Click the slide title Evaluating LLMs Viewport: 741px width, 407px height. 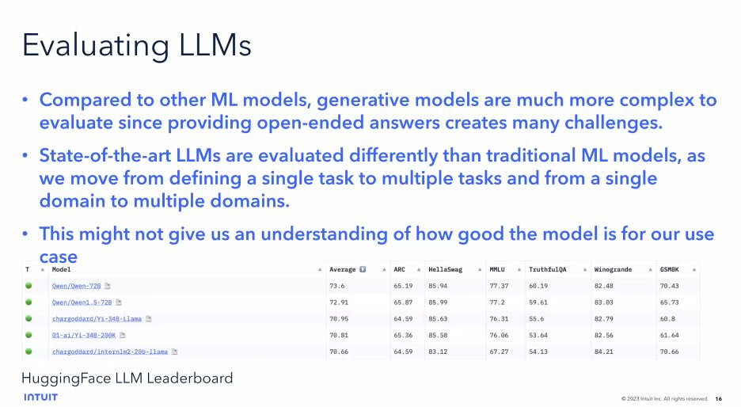(x=137, y=45)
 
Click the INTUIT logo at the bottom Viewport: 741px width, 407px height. (x=40, y=397)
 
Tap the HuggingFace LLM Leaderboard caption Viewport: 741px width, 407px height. (x=127, y=378)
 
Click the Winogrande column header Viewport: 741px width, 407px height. (x=613, y=269)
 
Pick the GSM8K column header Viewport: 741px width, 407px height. (x=669, y=269)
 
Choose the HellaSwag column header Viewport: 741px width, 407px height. (x=445, y=269)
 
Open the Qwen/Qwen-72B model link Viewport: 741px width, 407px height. (x=76, y=286)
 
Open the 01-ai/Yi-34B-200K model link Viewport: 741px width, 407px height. (x=84, y=335)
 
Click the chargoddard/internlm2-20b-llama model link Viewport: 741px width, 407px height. (x=109, y=352)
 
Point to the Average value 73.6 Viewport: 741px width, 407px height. (x=337, y=286)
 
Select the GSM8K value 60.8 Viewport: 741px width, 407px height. (x=667, y=318)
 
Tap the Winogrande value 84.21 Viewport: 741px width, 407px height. (x=603, y=352)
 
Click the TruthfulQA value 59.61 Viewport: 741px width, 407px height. (x=538, y=302)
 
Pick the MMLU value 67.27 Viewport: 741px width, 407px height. (x=499, y=352)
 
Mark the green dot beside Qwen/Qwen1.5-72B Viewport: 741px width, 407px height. (x=28, y=302)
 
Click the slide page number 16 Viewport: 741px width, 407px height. (x=718, y=399)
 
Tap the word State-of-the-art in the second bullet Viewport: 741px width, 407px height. (x=105, y=155)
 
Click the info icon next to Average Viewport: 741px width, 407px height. (x=363, y=269)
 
